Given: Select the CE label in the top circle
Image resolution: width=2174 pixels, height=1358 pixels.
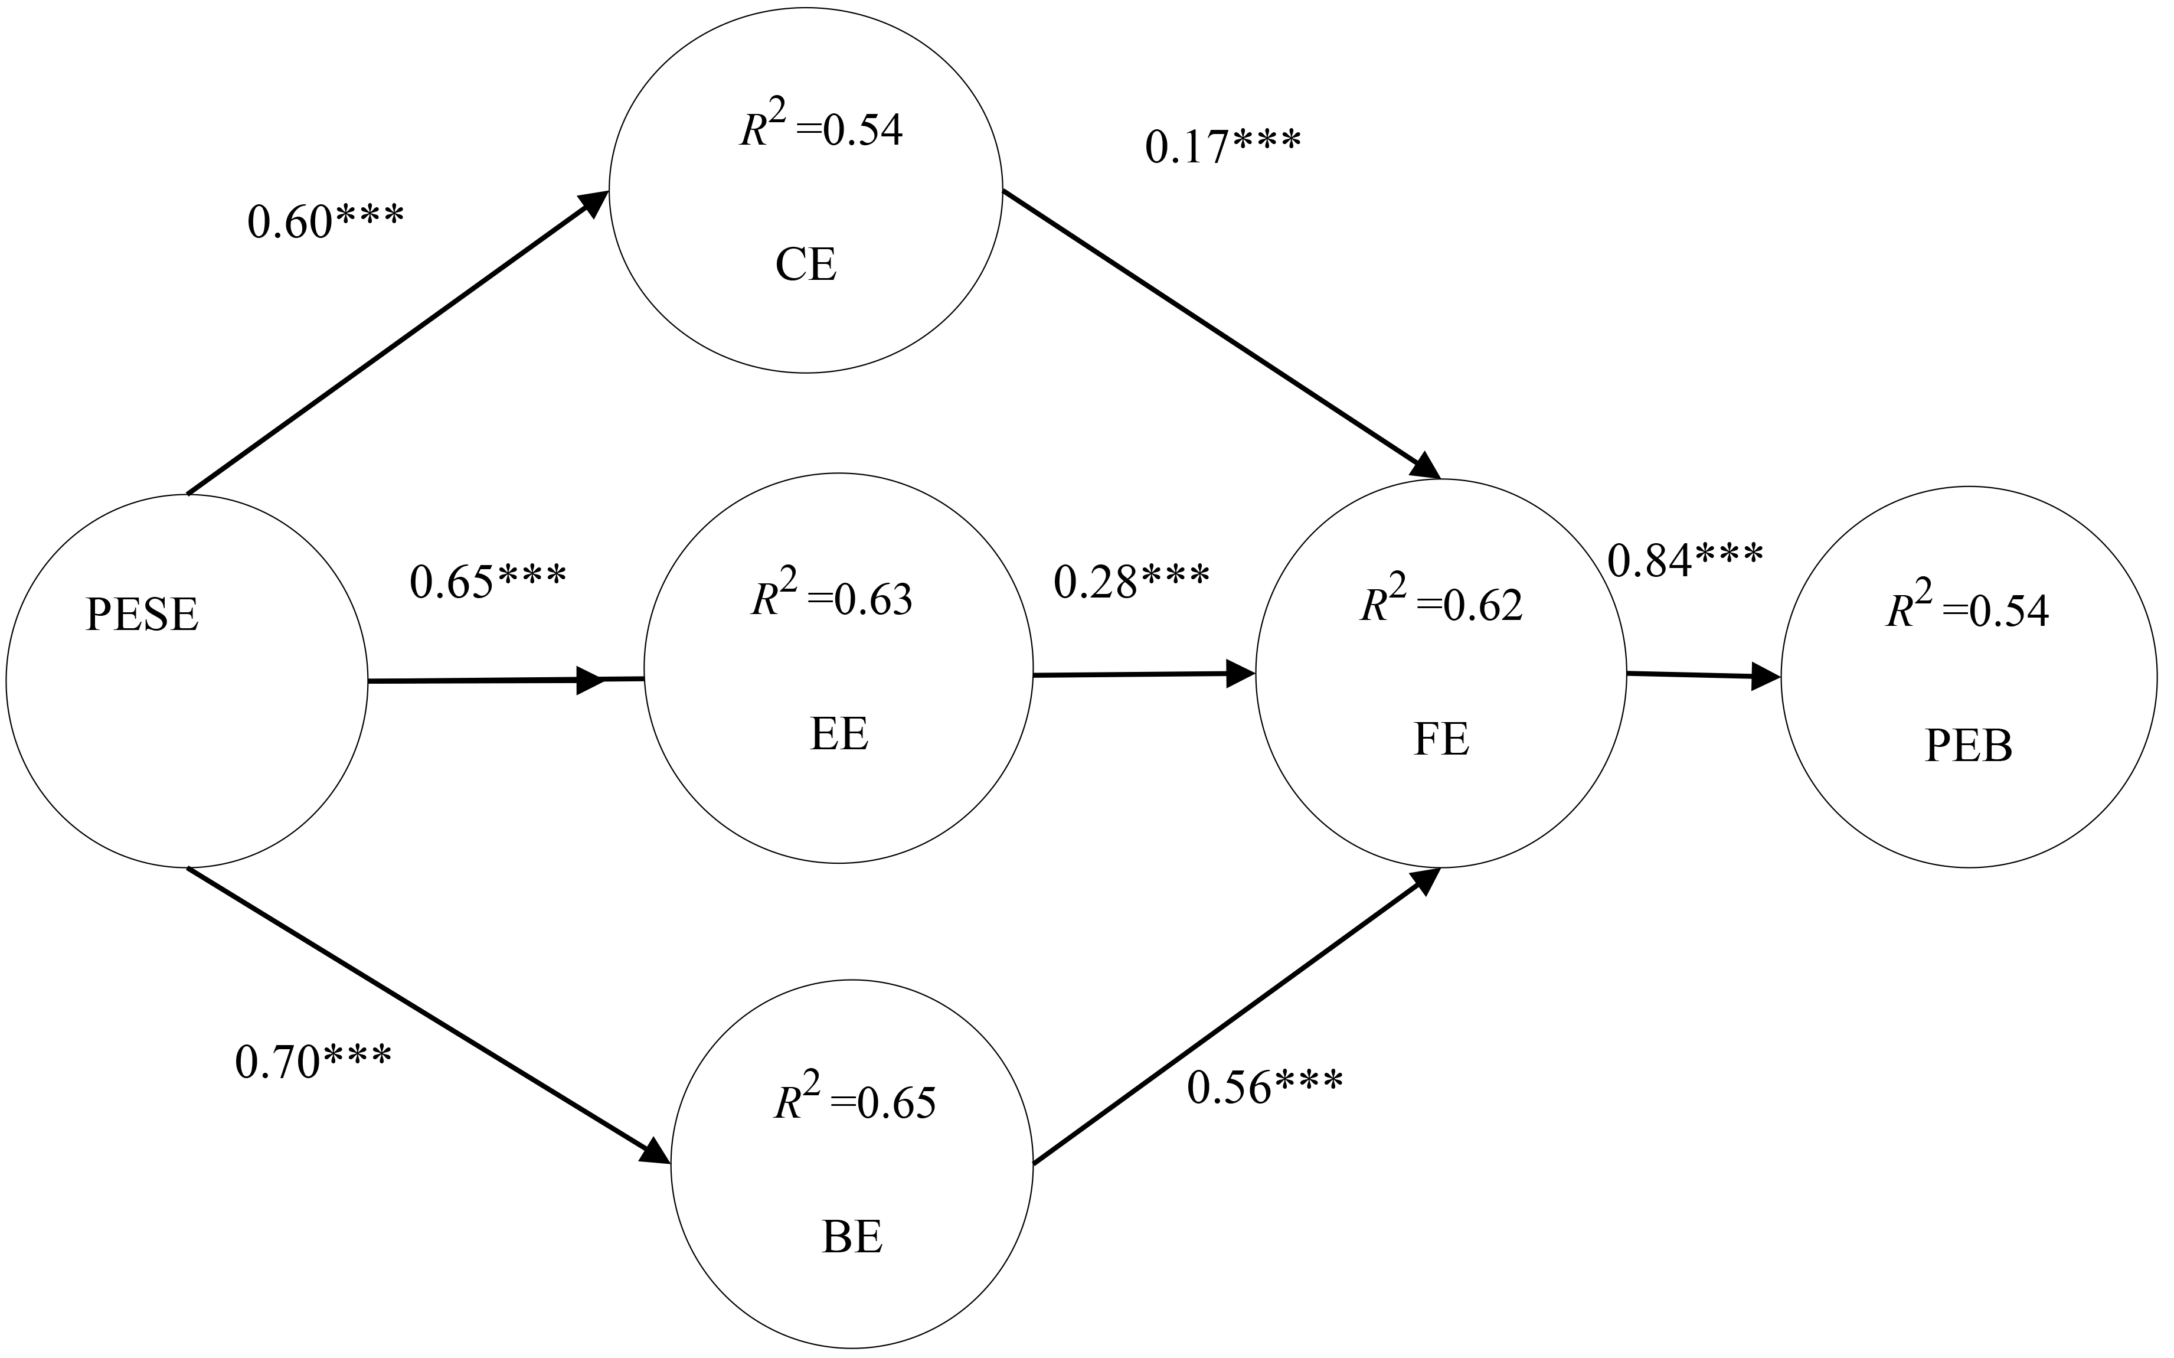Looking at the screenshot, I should click(806, 266).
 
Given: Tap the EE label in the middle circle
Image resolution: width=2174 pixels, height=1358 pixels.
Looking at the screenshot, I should click(839, 734).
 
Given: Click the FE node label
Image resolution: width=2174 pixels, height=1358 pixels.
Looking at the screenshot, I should click(1441, 740).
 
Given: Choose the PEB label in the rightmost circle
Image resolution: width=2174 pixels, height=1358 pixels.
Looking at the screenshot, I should click(1969, 746).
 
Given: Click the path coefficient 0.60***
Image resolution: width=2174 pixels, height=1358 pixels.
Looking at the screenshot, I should click(325, 223).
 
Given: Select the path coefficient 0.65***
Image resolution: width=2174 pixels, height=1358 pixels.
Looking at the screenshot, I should click(488, 582).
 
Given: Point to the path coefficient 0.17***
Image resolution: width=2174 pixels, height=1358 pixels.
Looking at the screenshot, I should click(1222, 147).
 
